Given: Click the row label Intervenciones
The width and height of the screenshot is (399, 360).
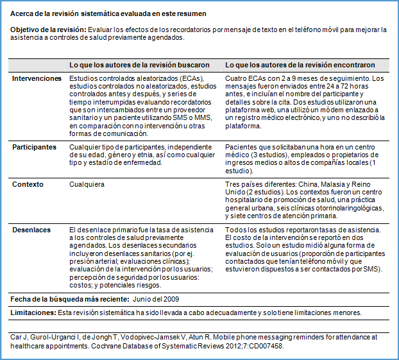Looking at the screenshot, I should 37,79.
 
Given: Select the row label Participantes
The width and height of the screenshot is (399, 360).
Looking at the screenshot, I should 35,147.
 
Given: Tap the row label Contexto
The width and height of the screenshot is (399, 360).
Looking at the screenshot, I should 28,184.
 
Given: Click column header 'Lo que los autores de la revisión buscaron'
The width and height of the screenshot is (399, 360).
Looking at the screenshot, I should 139,65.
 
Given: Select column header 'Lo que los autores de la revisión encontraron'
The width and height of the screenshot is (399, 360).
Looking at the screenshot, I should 300,65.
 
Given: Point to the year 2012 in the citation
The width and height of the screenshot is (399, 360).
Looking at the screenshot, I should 222,345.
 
